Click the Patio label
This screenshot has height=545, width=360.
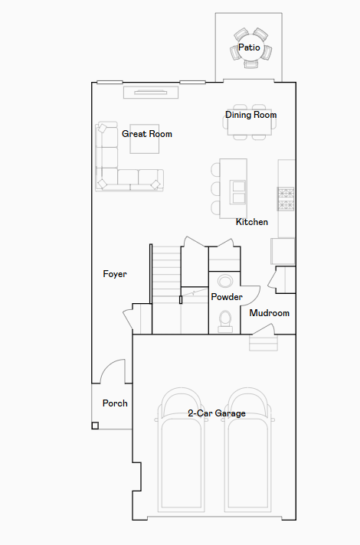click(249, 47)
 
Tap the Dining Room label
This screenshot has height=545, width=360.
click(250, 115)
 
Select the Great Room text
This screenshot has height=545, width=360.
click(147, 134)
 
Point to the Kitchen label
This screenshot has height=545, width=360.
click(252, 222)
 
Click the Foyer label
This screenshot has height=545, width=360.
click(115, 274)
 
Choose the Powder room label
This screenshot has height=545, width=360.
click(227, 297)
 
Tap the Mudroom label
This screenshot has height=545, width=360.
click(269, 313)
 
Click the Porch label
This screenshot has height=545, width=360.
click(115, 403)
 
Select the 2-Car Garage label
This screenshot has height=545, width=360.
click(217, 413)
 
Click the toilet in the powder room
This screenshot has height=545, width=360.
click(225, 321)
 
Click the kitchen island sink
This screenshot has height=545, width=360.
click(238, 192)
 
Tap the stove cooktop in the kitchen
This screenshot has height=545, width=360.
click(286, 199)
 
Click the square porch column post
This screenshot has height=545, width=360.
click(95, 426)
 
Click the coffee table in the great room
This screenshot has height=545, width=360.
click(144, 139)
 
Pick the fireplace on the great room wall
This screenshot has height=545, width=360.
click(151, 93)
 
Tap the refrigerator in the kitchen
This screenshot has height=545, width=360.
click(283, 251)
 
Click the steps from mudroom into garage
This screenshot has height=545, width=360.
click(263, 343)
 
